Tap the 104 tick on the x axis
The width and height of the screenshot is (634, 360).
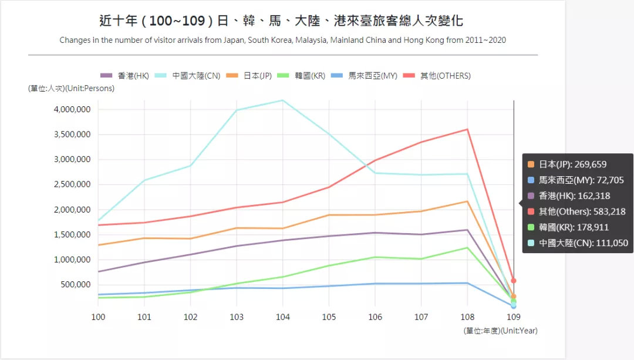(x=282, y=317)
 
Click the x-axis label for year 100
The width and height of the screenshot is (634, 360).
(x=98, y=317)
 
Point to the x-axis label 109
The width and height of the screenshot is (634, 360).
(x=513, y=317)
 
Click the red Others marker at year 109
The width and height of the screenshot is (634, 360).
(x=514, y=281)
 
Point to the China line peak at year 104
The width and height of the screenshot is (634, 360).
(x=282, y=100)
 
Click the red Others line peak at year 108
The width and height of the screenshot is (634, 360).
(x=467, y=129)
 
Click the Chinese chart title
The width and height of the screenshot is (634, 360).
(x=281, y=21)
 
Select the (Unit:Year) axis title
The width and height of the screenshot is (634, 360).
(x=500, y=331)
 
